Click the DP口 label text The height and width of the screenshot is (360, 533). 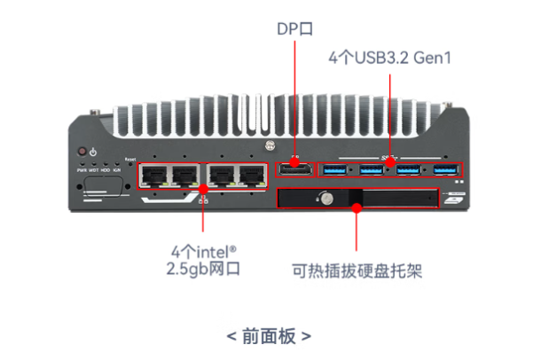coord(294,29)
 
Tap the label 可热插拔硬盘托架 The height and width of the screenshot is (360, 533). coord(357,270)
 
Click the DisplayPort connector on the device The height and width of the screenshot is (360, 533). coord(294,168)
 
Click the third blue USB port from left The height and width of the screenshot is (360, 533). coord(408,168)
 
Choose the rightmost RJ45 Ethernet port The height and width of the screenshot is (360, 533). coord(251,176)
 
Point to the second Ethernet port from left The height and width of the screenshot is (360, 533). coord(184,176)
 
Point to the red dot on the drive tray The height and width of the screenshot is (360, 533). coord(357,208)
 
